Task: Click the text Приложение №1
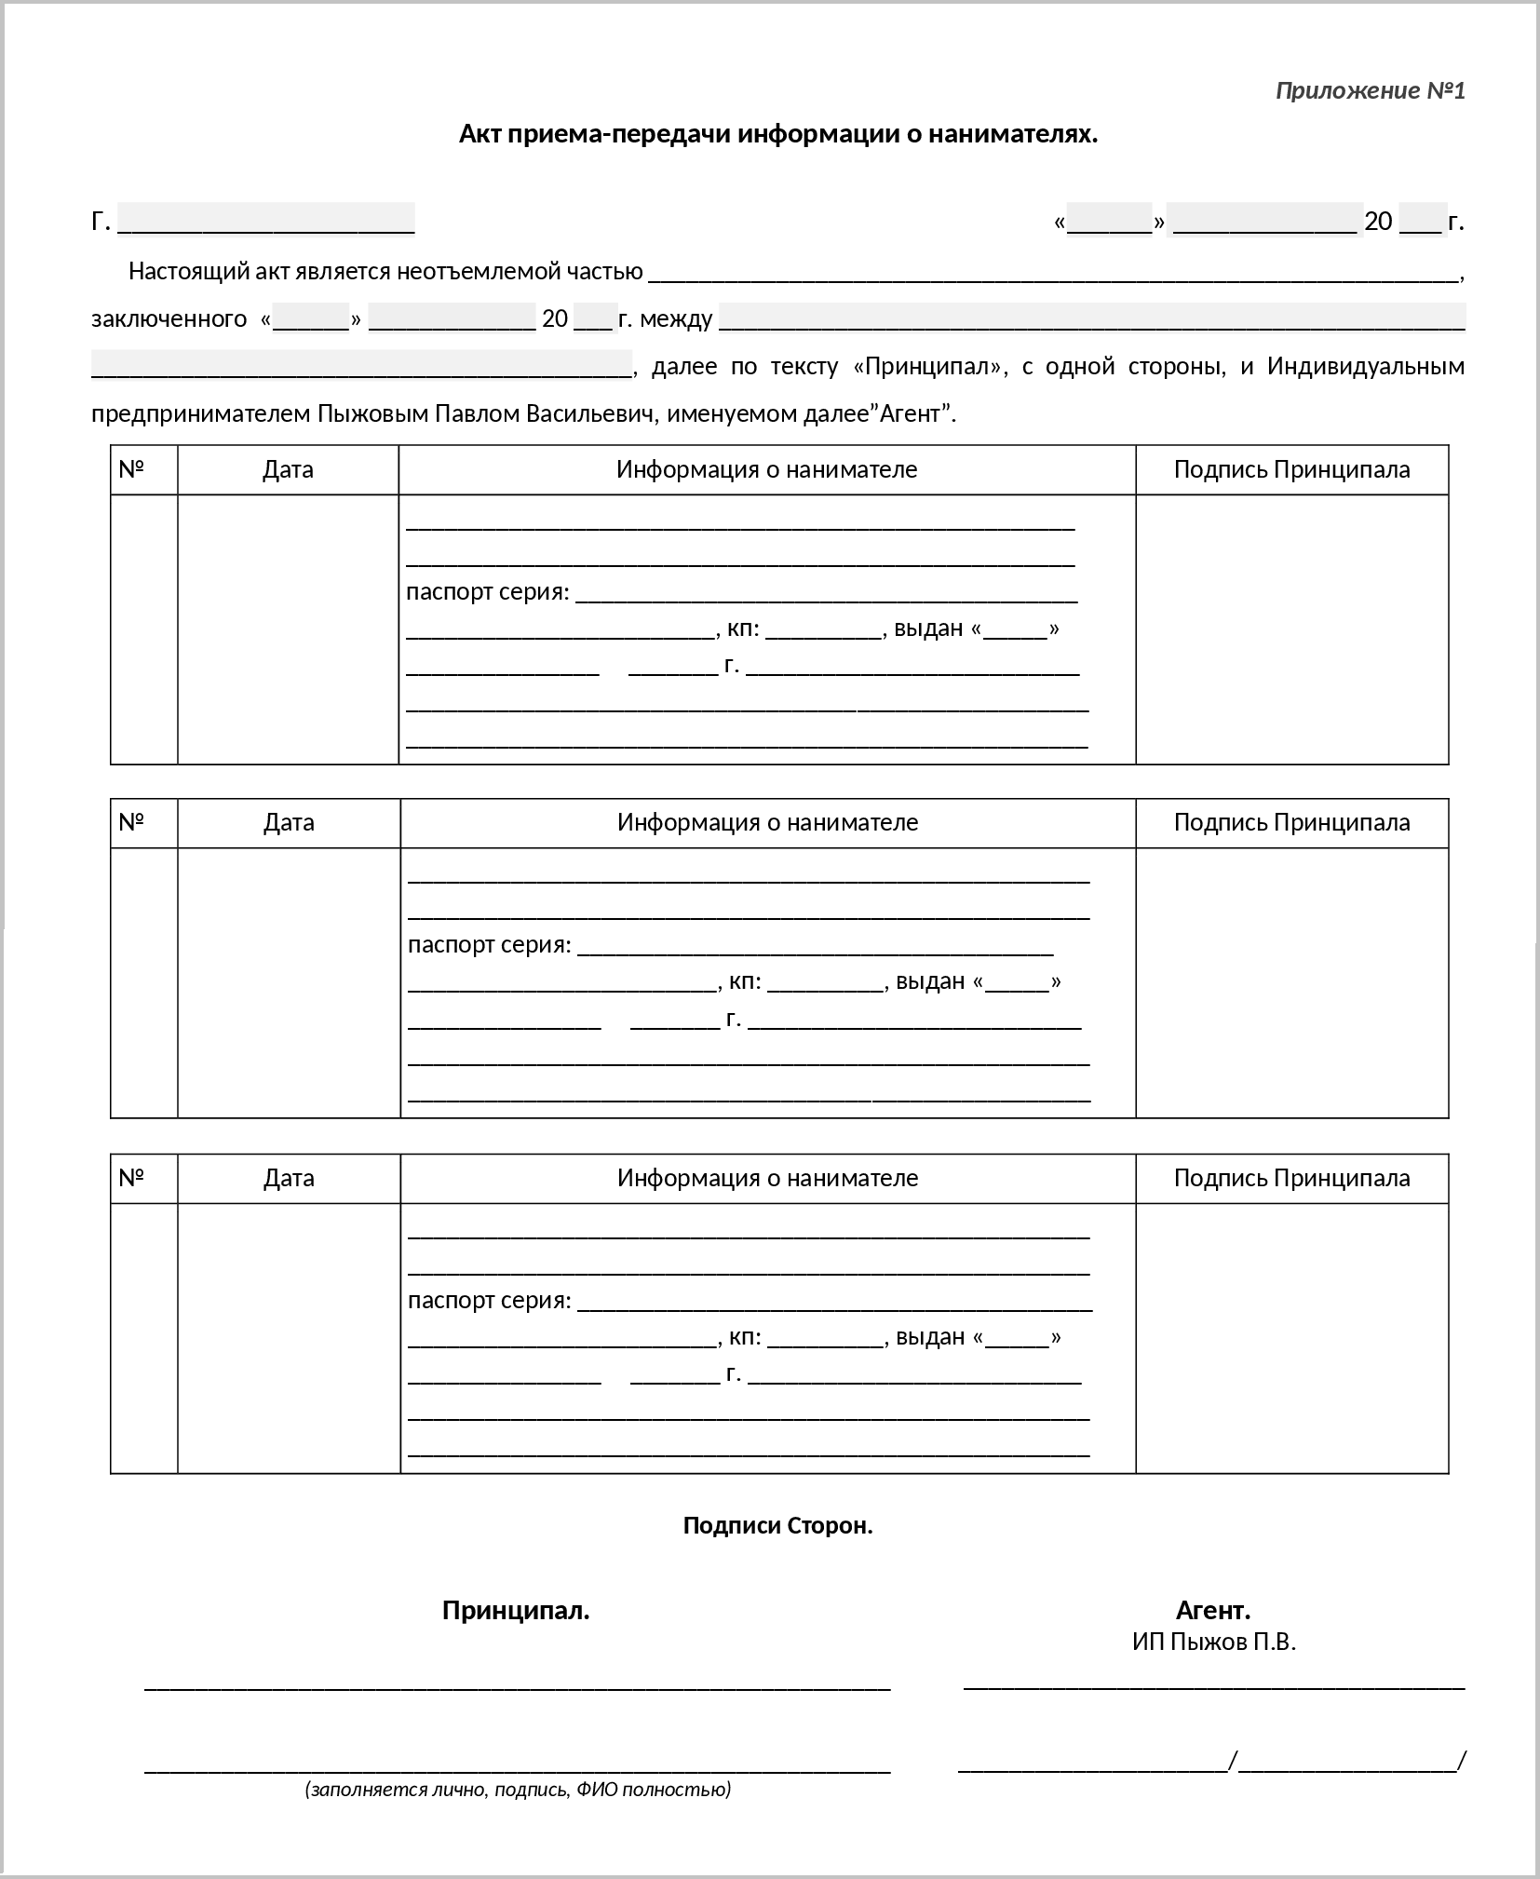pyautogui.click(x=1370, y=90)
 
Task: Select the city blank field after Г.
pyautogui.click(x=266, y=221)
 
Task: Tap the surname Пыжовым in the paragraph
pyautogui.click(x=372, y=413)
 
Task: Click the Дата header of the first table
pyautogui.click(x=288, y=469)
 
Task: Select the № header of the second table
pyautogui.click(x=132, y=822)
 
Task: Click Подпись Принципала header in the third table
pyautogui.click(x=1291, y=1178)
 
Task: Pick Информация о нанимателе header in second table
pyautogui.click(x=767, y=822)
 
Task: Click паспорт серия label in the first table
pyautogui.click(x=487, y=591)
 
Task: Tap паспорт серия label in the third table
pyautogui.click(x=489, y=1300)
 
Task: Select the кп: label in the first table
pyautogui.click(x=743, y=629)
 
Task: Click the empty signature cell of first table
pyautogui.click(x=1291, y=629)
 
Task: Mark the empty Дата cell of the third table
pyautogui.click(x=289, y=1337)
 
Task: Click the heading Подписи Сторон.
pyautogui.click(x=777, y=1525)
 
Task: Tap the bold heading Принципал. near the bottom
pyautogui.click(x=516, y=1610)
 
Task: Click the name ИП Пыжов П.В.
pyautogui.click(x=1213, y=1642)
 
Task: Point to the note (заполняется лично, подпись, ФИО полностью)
pyautogui.click(x=518, y=1789)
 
